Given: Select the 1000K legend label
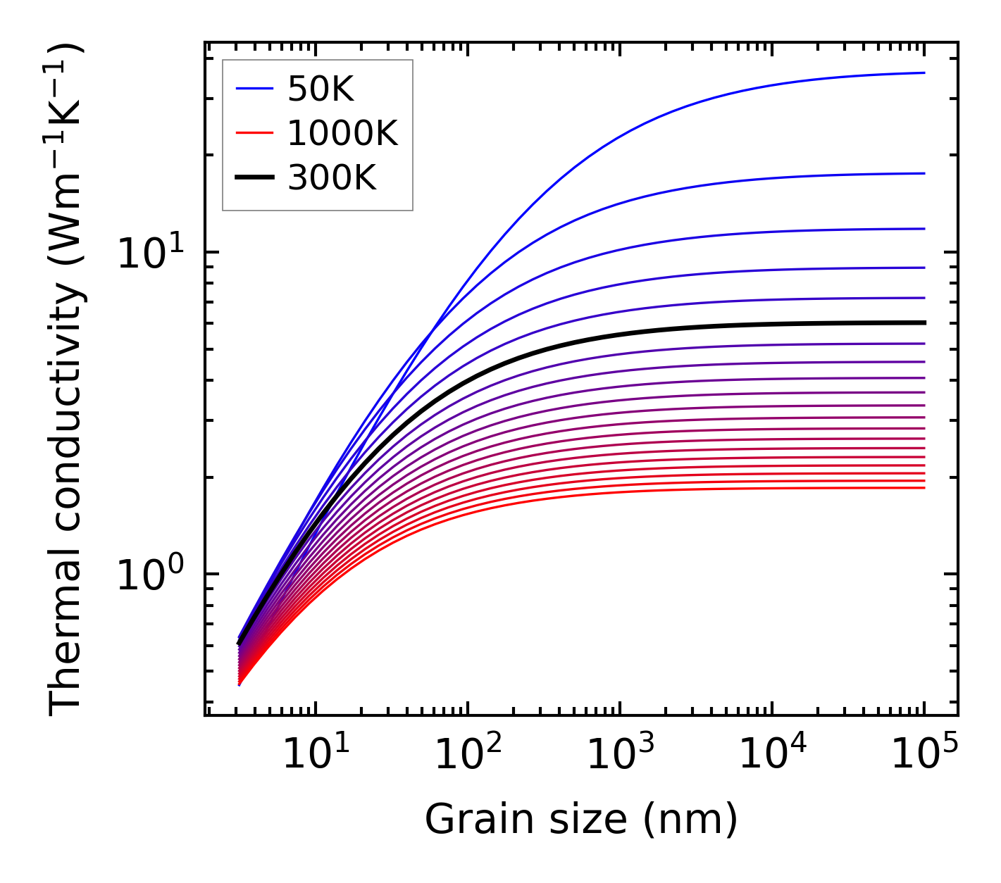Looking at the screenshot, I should (342, 133).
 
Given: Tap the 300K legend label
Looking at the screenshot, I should (332, 178).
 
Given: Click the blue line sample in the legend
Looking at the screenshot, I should (254, 89).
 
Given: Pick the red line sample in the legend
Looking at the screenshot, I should (254, 133).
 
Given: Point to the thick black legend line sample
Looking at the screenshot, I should (254, 178).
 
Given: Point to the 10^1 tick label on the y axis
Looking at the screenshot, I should (149, 253).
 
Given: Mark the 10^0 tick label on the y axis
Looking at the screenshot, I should (149, 575).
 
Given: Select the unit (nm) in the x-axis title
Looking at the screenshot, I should (690, 820).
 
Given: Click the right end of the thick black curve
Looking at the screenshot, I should (924, 322).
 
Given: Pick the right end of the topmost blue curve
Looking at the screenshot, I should (924, 73).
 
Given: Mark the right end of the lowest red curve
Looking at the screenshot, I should (924, 488).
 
